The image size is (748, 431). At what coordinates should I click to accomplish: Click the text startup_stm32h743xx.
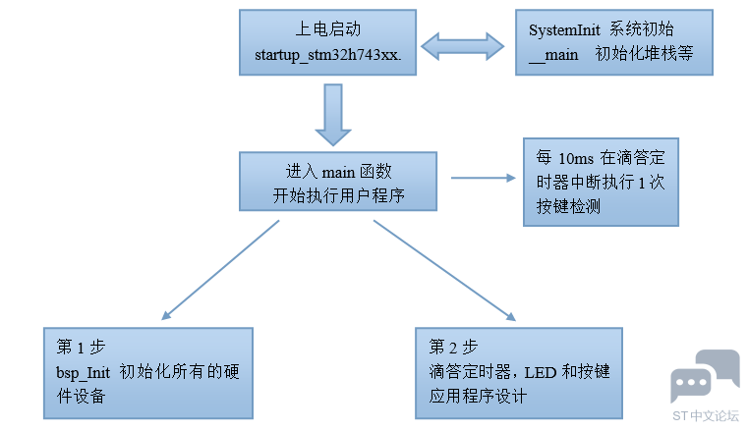pyautogui.click(x=328, y=55)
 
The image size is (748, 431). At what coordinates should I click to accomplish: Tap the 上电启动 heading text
pyautogui.click(x=328, y=29)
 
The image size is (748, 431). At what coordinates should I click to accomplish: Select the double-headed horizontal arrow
pyautogui.click(x=462, y=46)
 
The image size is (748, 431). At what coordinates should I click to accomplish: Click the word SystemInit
pyautogui.click(x=564, y=30)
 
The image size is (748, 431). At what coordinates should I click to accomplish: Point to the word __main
pyautogui.click(x=553, y=55)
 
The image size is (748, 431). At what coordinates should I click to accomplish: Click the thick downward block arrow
pyautogui.click(x=333, y=115)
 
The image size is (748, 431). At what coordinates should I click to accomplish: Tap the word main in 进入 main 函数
pyautogui.click(x=338, y=173)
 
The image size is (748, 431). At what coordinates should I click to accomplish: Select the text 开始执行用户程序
pyautogui.click(x=339, y=195)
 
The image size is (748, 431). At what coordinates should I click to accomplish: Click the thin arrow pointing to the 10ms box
pyautogui.click(x=484, y=178)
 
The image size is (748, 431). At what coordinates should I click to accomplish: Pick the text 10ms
pyautogui.click(x=576, y=159)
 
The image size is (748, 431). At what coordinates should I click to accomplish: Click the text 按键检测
pyautogui.click(x=568, y=207)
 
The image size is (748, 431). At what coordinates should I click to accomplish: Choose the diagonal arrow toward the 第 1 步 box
pyautogui.click(x=220, y=270)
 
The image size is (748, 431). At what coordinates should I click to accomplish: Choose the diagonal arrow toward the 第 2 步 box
pyautogui.click(x=444, y=270)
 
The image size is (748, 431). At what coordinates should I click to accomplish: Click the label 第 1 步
pyautogui.click(x=81, y=347)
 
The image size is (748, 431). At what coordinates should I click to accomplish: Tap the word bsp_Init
pyautogui.click(x=83, y=372)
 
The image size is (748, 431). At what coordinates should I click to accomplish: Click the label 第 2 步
pyautogui.click(x=453, y=347)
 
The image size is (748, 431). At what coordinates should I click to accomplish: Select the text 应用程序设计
pyautogui.click(x=478, y=397)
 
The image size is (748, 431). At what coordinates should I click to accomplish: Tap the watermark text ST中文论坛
pyautogui.click(x=706, y=415)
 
